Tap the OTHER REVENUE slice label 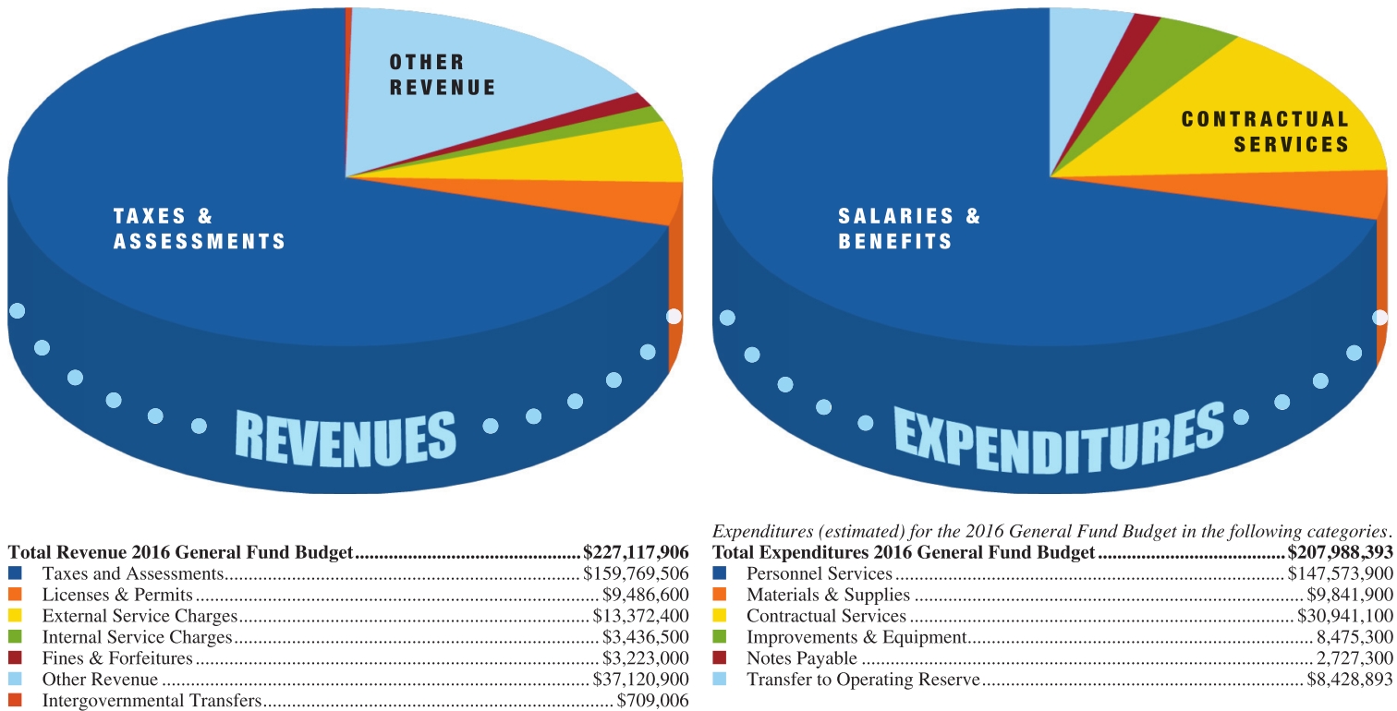coord(442,75)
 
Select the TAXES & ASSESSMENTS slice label coord(199,229)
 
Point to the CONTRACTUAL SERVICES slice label coord(1265,131)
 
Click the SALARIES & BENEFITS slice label coord(909,229)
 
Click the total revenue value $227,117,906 coord(636,553)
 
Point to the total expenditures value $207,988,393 coord(1340,553)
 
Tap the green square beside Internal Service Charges coord(17,637)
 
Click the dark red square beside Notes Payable coord(721,659)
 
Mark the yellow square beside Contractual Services coord(721,616)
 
